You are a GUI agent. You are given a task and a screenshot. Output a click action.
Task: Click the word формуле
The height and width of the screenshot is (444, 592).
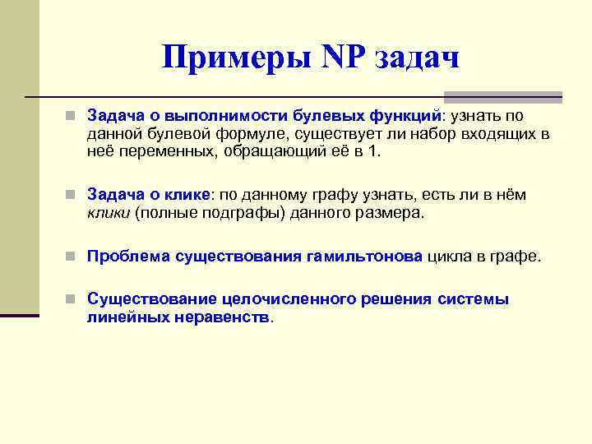click(x=229, y=134)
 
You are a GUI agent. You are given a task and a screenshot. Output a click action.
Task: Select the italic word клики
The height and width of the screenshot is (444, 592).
click(x=107, y=213)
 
